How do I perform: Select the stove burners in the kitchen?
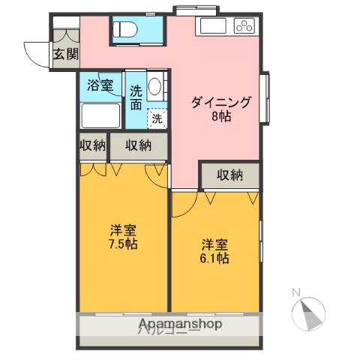[244, 26]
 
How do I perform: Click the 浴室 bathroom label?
[100, 85]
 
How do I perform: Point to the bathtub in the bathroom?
[100, 117]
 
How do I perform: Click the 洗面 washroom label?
[136, 98]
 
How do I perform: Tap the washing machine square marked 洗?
[157, 118]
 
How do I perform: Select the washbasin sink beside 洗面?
[155, 87]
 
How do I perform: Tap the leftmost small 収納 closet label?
[93, 145]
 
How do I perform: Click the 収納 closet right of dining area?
[230, 175]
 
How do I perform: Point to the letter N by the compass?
[295, 292]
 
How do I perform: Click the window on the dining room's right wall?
[264, 98]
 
